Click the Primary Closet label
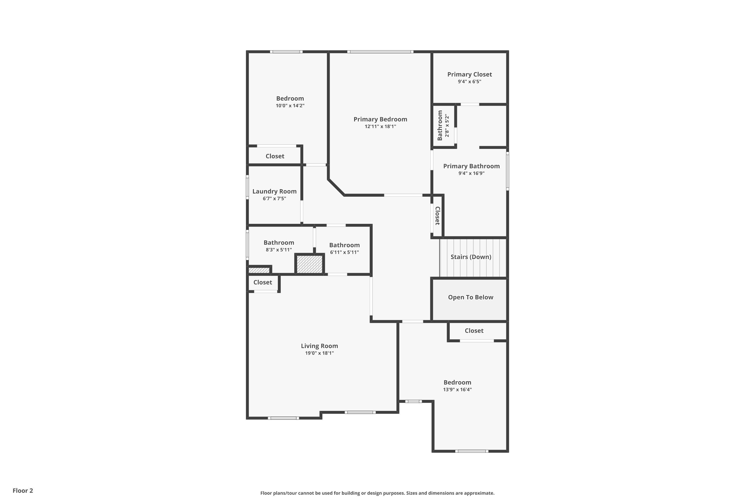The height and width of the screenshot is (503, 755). pyautogui.click(x=469, y=74)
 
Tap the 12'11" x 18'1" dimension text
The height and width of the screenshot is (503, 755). pyautogui.click(x=380, y=127)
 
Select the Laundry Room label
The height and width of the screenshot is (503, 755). pyautogui.click(x=275, y=191)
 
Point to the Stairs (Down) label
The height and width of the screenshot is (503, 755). pyautogui.click(x=471, y=257)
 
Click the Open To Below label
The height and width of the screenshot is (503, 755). pyautogui.click(x=471, y=297)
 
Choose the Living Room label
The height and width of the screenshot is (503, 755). pyautogui.click(x=319, y=346)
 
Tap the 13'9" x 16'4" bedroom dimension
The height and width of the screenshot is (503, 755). pyautogui.click(x=457, y=389)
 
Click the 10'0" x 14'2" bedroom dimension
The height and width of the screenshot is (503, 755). pyautogui.click(x=290, y=106)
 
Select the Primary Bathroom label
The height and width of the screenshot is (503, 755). pyautogui.click(x=471, y=166)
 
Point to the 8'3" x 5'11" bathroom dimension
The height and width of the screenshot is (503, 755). pyautogui.click(x=279, y=249)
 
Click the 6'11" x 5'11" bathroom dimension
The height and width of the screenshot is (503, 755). pyautogui.click(x=344, y=252)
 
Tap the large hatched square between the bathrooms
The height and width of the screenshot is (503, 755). pyautogui.click(x=310, y=264)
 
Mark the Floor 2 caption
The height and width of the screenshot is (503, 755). pyautogui.click(x=23, y=490)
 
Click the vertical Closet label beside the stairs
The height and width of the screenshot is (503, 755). pyautogui.click(x=437, y=216)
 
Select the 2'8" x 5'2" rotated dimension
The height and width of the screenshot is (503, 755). pyautogui.click(x=447, y=125)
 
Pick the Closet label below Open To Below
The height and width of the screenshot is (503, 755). pyautogui.click(x=474, y=331)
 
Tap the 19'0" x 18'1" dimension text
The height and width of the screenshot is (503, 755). pyautogui.click(x=319, y=353)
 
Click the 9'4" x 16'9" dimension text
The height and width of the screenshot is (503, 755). pyautogui.click(x=471, y=174)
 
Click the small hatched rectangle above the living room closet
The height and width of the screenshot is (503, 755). pyautogui.click(x=259, y=270)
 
